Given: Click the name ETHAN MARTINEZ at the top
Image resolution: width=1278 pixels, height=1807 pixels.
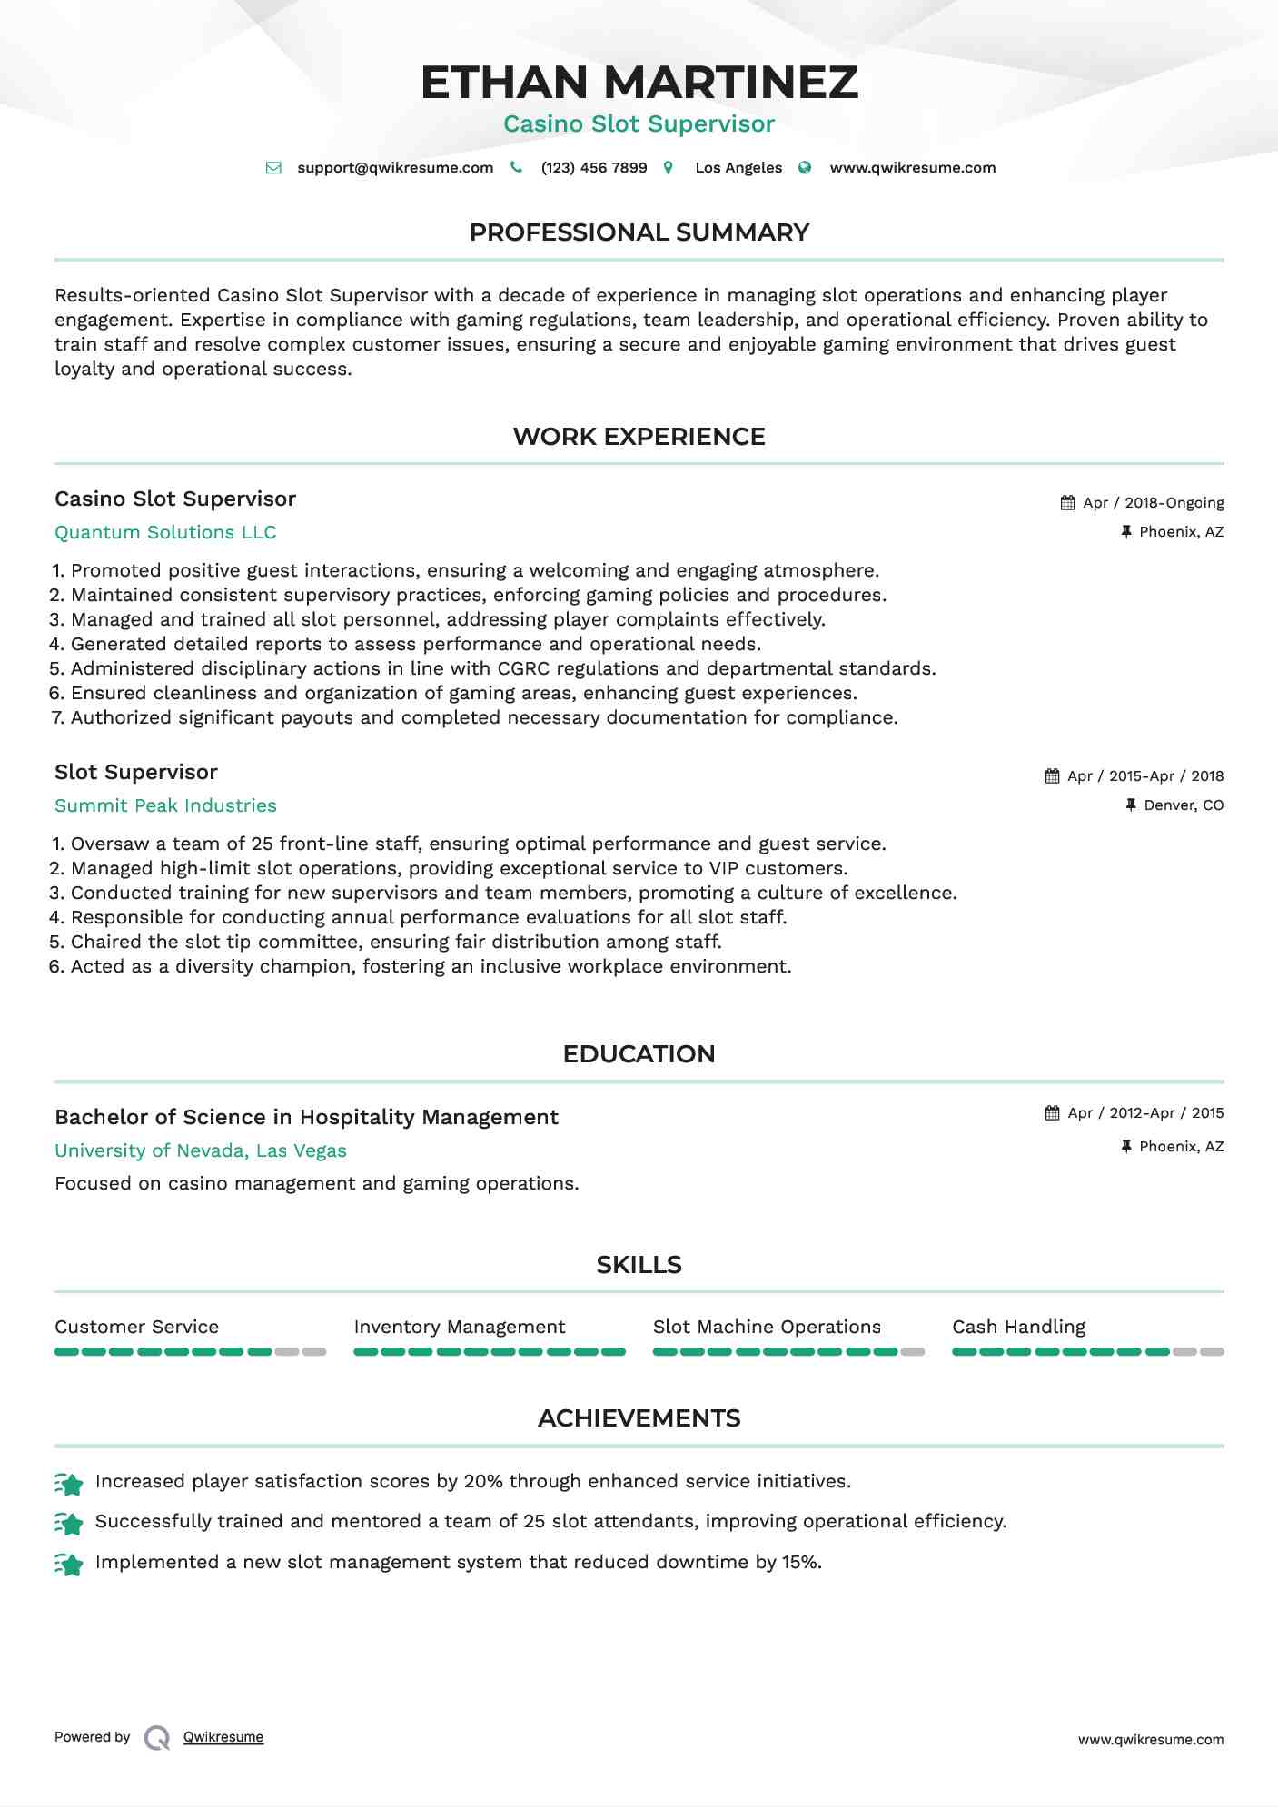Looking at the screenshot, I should (639, 83).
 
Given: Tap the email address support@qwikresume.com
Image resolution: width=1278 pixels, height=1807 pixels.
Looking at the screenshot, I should (395, 168).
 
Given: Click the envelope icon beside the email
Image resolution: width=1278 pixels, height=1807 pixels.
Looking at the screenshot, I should (273, 168).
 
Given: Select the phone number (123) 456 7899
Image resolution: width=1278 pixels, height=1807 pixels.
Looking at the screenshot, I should (593, 168).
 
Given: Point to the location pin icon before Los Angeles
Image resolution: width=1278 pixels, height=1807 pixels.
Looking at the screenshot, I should (669, 168).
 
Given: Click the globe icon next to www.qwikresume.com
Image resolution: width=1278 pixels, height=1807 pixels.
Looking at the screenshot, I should (805, 168).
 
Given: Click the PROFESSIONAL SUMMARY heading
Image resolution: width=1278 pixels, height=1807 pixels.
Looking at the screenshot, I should (639, 232).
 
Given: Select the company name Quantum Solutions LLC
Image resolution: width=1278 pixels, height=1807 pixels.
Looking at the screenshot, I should (165, 533).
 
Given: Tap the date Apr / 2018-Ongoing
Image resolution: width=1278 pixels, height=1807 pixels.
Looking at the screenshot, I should (1154, 503).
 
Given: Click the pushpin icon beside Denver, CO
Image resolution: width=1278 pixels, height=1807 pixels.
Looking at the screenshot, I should (1131, 805).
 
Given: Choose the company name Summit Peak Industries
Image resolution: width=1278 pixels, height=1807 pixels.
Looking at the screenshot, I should (165, 806).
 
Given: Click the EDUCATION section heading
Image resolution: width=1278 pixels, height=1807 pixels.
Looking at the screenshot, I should (639, 1054).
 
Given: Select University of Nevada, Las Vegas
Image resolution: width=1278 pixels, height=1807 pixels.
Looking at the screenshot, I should (201, 1151).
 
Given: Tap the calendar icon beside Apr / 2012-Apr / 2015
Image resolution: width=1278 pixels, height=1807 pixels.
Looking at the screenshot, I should (1052, 1113).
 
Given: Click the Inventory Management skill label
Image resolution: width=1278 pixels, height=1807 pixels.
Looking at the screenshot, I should (459, 1328).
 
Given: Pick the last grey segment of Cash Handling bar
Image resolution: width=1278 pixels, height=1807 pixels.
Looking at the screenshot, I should (1212, 1352).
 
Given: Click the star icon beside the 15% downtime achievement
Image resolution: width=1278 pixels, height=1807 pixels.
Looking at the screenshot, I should (69, 1565).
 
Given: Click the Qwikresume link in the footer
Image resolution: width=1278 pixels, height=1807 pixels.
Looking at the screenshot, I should (223, 1737).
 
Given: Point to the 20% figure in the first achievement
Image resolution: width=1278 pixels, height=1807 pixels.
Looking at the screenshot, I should (483, 1482).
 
